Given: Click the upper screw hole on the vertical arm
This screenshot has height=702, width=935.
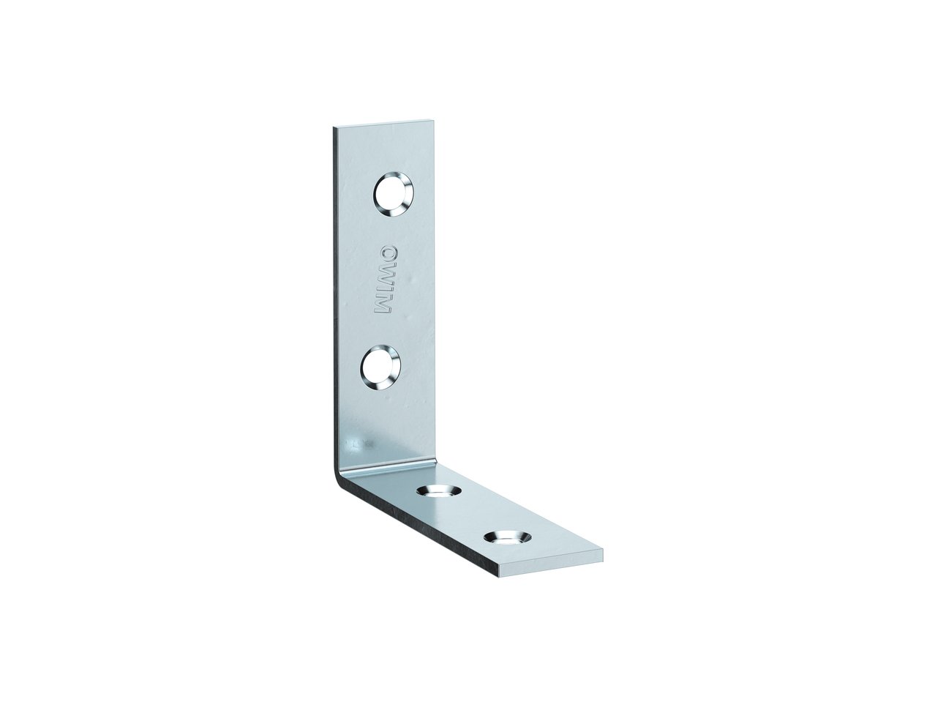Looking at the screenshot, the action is (394, 194).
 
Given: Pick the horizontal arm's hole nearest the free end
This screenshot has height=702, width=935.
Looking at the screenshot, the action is (507, 539).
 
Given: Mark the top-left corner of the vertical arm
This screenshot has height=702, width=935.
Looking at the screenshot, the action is (332, 126).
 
